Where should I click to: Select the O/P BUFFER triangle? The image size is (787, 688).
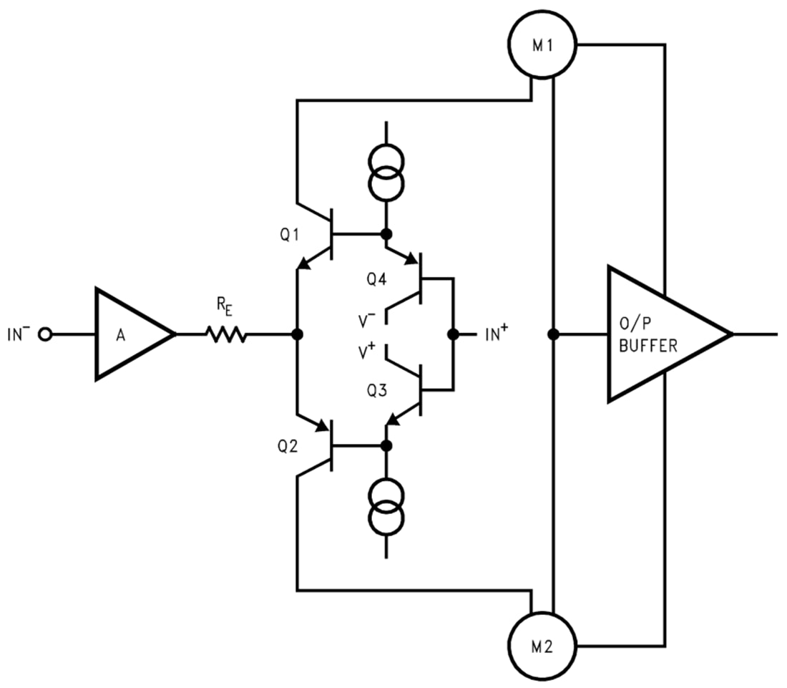pyautogui.click(x=658, y=334)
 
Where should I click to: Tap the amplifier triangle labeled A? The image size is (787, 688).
pyautogui.click(x=129, y=334)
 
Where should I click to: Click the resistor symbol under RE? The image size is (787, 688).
pyautogui.click(x=226, y=334)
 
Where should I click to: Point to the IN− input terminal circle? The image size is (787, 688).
pyautogui.click(x=47, y=334)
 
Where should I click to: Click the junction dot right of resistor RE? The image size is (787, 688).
pyautogui.click(x=297, y=334)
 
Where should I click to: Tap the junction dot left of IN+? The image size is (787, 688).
pyautogui.click(x=453, y=334)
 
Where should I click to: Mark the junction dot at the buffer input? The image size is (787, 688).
pyautogui.click(x=553, y=334)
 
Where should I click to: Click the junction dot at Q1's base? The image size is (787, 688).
pyautogui.click(x=386, y=233)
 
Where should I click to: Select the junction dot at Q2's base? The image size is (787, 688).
pyautogui.click(x=386, y=445)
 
